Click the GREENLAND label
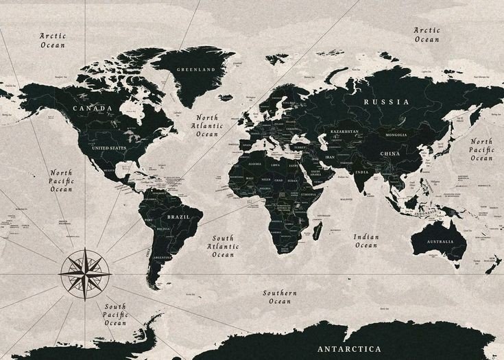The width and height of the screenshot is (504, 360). [x=195, y=70]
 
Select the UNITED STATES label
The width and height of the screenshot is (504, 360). [x=109, y=147]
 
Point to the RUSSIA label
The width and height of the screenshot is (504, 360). [x=386, y=101]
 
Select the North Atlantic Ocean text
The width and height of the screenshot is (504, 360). [x=206, y=125]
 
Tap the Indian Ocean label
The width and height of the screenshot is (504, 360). [x=365, y=241]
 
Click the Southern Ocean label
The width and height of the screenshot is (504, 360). [x=280, y=297]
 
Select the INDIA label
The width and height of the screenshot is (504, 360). [x=362, y=171]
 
